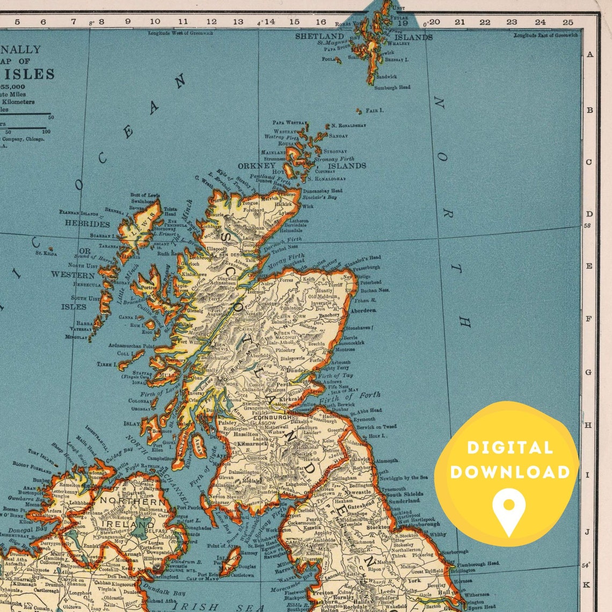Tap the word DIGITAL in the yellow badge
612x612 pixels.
[x=509, y=448]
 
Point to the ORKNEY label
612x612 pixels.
[x=257, y=166]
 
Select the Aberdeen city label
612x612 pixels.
[x=363, y=311]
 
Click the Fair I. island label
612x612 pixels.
[x=375, y=110]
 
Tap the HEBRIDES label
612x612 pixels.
[x=87, y=224]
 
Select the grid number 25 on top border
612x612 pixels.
[x=567, y=22]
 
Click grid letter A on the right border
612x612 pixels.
[x=589, y=54]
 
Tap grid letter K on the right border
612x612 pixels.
[x=587, y=585]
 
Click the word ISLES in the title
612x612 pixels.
[x=35, y=74]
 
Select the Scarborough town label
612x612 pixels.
[x=455, y=552]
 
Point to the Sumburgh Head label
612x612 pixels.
[x=392, y=88]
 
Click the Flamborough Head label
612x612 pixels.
[x=478, y=564]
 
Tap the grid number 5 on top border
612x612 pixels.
[x=17, y=22]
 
